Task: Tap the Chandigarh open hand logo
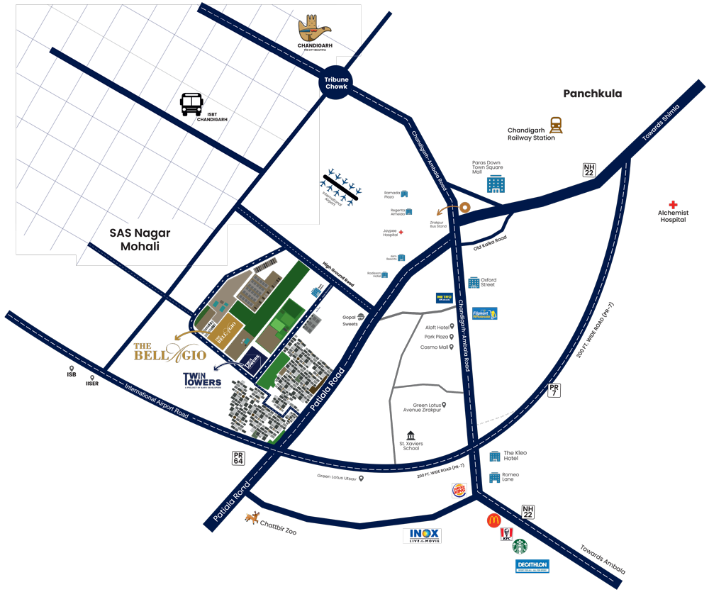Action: [315, 29]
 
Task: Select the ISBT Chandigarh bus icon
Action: [191, 104]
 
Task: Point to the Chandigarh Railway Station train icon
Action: [556, 125]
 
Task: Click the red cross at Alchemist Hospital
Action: [673, 205]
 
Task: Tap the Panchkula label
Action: [592, 94]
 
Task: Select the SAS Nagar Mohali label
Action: [140, 239]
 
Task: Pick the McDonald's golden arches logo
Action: [493, 521]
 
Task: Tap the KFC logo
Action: [507, 535]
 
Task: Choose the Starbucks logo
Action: [520, 547]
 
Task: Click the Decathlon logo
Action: [532, 566]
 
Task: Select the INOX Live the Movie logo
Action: [422, 536]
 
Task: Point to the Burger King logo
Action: [459, 489]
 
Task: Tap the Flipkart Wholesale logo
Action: [485, 313]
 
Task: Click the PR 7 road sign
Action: [554, 389]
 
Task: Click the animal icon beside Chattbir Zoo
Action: [252, 518]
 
